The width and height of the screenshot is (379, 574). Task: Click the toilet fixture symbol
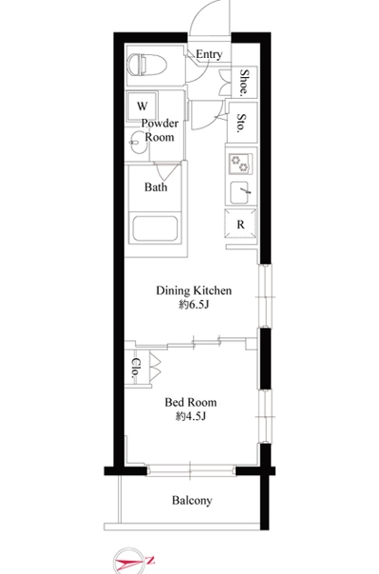point(148,66)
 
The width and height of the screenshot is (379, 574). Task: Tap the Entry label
point(209,54)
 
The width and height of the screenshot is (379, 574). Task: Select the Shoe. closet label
point(244,83)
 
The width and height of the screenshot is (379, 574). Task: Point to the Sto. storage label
point(241,123)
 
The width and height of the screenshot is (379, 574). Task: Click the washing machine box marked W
point(142,105)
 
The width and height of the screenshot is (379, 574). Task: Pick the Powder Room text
point(160,130)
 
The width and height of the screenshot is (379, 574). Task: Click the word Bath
point(156,187)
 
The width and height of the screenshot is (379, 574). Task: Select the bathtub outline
point(155,229)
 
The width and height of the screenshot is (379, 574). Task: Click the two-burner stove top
point(240,163)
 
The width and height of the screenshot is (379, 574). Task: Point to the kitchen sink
point(239,192)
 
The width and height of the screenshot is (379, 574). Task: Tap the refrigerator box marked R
point(240,224)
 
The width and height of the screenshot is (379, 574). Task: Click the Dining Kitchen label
point(194,290)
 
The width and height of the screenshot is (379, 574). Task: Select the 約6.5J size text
point(194,304)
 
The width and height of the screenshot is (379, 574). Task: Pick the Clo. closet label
point(135,367)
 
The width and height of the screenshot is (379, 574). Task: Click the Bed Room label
point(191,402)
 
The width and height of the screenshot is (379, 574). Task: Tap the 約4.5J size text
point(191,416)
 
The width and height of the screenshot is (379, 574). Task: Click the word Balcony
point(192,500)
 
